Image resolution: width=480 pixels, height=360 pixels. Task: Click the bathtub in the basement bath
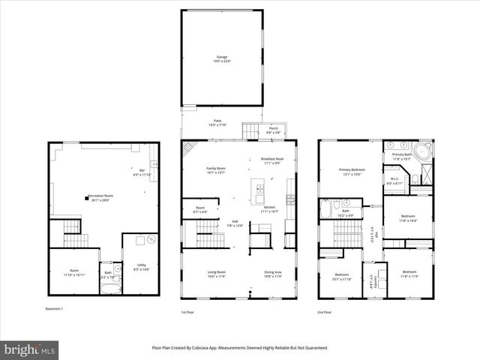pos(113,285)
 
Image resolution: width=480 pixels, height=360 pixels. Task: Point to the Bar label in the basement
pos(142,172)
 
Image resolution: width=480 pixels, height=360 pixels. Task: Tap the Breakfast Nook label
pos(271,160)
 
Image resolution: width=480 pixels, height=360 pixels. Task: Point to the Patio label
pos(217,122)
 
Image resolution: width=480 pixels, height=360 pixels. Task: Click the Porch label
pos(273,129)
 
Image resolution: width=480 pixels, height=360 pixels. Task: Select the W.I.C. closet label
pos(394,180)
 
